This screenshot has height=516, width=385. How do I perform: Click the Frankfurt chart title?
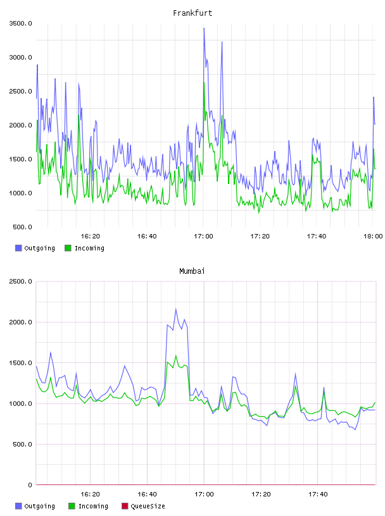192,13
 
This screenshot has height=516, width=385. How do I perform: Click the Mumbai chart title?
192,271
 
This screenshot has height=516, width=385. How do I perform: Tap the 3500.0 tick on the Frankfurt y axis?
21,23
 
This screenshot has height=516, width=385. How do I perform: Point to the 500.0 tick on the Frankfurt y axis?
22,227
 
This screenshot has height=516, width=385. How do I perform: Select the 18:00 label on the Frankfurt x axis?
373,236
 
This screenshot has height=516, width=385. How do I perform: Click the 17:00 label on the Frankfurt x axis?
203,236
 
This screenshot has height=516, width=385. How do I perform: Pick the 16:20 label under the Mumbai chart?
90,494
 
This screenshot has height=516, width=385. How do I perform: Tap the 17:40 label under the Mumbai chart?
318,494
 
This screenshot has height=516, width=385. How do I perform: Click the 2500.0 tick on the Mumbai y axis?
21,281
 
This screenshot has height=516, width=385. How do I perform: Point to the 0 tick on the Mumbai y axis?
30,485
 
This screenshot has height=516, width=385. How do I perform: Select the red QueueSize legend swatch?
125,506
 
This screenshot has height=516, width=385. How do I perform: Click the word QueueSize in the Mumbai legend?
148,506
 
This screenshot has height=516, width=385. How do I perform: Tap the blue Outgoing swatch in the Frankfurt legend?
18,248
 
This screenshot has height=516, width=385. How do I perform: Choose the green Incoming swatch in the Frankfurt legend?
68,248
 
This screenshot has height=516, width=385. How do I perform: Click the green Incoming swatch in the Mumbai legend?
72,506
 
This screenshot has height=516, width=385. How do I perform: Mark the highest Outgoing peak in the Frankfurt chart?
204,28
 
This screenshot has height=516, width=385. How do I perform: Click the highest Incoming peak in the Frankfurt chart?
204,83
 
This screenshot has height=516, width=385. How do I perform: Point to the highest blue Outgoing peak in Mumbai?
175,309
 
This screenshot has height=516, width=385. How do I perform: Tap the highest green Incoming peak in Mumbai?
175,355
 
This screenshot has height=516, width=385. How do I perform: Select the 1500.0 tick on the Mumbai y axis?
21,363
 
